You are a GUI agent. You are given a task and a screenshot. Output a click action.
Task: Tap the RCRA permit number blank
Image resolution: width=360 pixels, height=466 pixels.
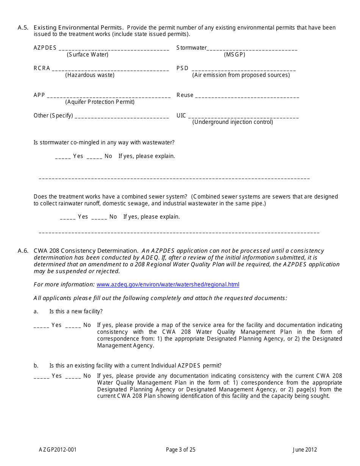[110, 69]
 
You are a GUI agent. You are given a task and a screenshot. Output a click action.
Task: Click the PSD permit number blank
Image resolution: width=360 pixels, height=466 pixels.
[244, 69]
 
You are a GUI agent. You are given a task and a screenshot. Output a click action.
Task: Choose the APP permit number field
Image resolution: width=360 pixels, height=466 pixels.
[109, 96]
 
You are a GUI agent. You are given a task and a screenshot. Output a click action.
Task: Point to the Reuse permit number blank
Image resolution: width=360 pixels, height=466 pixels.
[247, 96]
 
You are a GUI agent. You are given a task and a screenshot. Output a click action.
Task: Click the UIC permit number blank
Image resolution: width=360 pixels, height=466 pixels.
[243, 117]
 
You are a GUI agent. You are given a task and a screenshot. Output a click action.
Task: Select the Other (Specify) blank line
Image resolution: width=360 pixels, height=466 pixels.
[122, 117]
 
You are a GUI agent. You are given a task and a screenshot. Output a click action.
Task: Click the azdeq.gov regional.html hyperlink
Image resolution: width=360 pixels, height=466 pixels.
[168, 285]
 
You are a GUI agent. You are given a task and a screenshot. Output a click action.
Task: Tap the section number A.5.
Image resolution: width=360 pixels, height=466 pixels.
[23, 28]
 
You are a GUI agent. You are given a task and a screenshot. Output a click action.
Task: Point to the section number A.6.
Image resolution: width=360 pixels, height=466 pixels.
[23, 251]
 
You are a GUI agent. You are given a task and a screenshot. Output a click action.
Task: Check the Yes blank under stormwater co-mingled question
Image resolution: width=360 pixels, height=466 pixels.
[63, 157]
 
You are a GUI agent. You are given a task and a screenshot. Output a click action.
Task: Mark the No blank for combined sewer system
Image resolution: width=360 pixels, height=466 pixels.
[99, 218]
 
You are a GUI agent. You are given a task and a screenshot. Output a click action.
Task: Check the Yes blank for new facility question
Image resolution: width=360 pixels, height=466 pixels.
[41, 326]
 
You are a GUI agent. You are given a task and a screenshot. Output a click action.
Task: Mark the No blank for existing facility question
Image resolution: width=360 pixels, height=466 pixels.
[73, 377]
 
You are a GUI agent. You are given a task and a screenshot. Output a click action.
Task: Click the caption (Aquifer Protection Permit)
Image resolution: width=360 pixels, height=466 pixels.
[100, 102]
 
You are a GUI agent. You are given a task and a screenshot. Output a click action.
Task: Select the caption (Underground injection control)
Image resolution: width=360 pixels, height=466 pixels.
[233, 122]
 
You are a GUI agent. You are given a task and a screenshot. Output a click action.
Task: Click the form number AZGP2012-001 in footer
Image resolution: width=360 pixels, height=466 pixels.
[58, 450]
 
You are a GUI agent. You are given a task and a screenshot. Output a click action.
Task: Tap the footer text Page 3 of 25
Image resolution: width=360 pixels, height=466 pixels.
[181, 450]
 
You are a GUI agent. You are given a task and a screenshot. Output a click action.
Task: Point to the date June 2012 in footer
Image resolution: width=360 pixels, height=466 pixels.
[305, 450]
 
